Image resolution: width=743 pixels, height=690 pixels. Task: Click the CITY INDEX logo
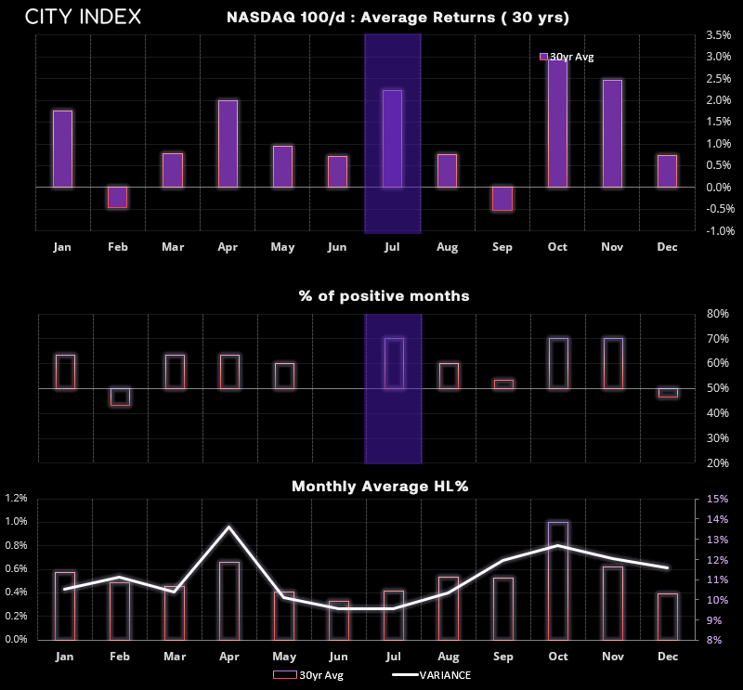[83, 17]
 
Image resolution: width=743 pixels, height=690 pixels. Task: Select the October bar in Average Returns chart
[557, 123]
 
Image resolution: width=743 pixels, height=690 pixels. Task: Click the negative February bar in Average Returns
[118, 197]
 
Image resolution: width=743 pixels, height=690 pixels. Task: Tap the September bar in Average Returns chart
[502, 199]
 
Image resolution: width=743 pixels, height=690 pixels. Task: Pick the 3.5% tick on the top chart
[718, 35]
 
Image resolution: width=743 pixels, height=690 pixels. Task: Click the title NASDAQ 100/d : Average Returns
[398, 18]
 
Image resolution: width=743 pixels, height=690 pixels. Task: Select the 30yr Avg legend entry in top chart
[567, 57]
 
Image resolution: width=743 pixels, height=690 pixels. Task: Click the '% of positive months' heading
[385, 295]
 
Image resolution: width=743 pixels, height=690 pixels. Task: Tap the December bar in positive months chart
[668, 393]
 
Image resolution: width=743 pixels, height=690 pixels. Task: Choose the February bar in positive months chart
[120, 397]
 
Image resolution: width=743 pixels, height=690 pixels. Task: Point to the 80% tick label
[717, 314]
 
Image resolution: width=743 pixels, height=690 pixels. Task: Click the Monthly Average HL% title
[380, 487]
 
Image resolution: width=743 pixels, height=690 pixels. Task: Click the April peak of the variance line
[229, 527]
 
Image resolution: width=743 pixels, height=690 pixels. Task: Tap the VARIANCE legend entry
[432, 675]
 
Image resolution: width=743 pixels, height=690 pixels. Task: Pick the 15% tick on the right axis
[717, 499]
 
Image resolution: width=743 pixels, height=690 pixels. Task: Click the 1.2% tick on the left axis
[16, 498]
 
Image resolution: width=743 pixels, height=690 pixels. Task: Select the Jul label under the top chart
[392, 247]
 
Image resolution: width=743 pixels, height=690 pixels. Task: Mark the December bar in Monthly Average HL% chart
[668, 617]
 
